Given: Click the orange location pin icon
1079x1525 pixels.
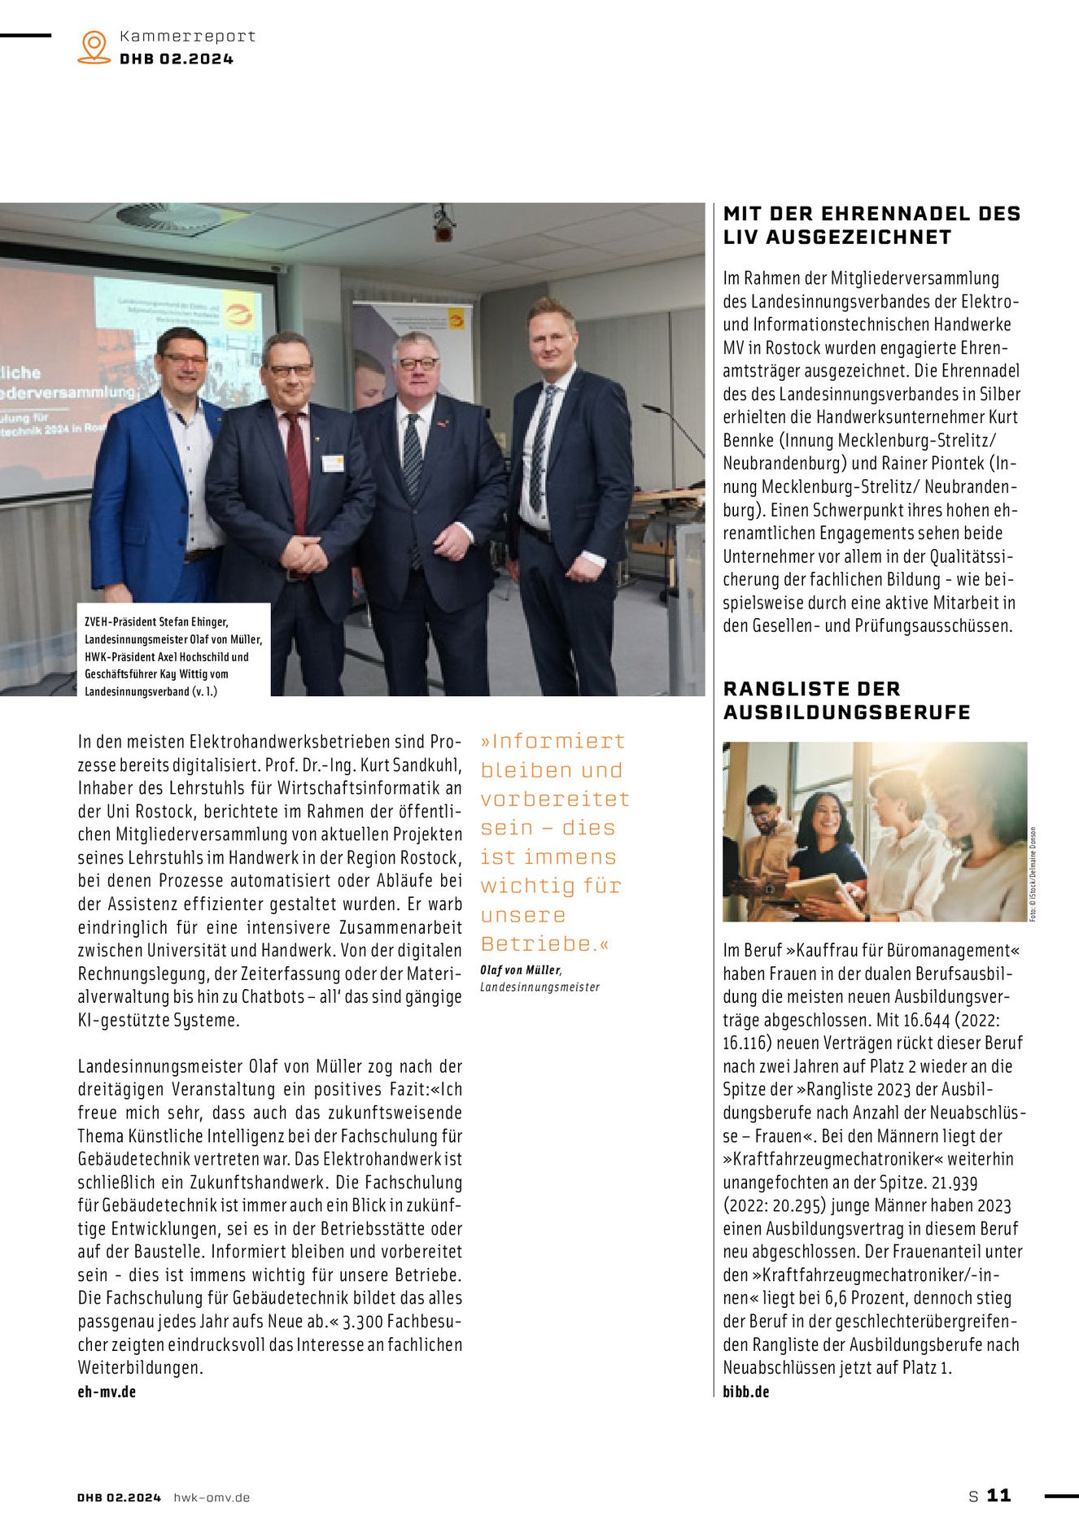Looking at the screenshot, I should point(94,46).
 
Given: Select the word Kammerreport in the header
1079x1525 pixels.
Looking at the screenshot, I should point(187,37).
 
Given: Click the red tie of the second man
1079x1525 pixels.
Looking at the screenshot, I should point(296,472).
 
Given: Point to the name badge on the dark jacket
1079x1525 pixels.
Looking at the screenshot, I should point(332,463).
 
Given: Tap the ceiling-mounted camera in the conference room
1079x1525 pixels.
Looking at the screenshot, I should point(443,224).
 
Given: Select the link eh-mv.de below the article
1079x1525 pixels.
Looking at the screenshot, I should point(107,1392).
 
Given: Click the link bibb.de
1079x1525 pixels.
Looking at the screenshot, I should point(745,1392).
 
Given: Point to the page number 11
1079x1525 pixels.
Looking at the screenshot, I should point(998,1496).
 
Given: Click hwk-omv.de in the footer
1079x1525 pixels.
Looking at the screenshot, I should point(212,1497).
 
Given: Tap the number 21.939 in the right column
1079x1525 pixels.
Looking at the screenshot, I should point(954,1183).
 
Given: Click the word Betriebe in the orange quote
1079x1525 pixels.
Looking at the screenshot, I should point(538,944).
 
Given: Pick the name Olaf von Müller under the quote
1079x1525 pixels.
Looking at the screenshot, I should point(520,970).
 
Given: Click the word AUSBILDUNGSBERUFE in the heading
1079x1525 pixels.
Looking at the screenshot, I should point(846,712).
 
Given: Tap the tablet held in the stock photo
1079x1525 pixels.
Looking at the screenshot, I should point(814,888).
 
